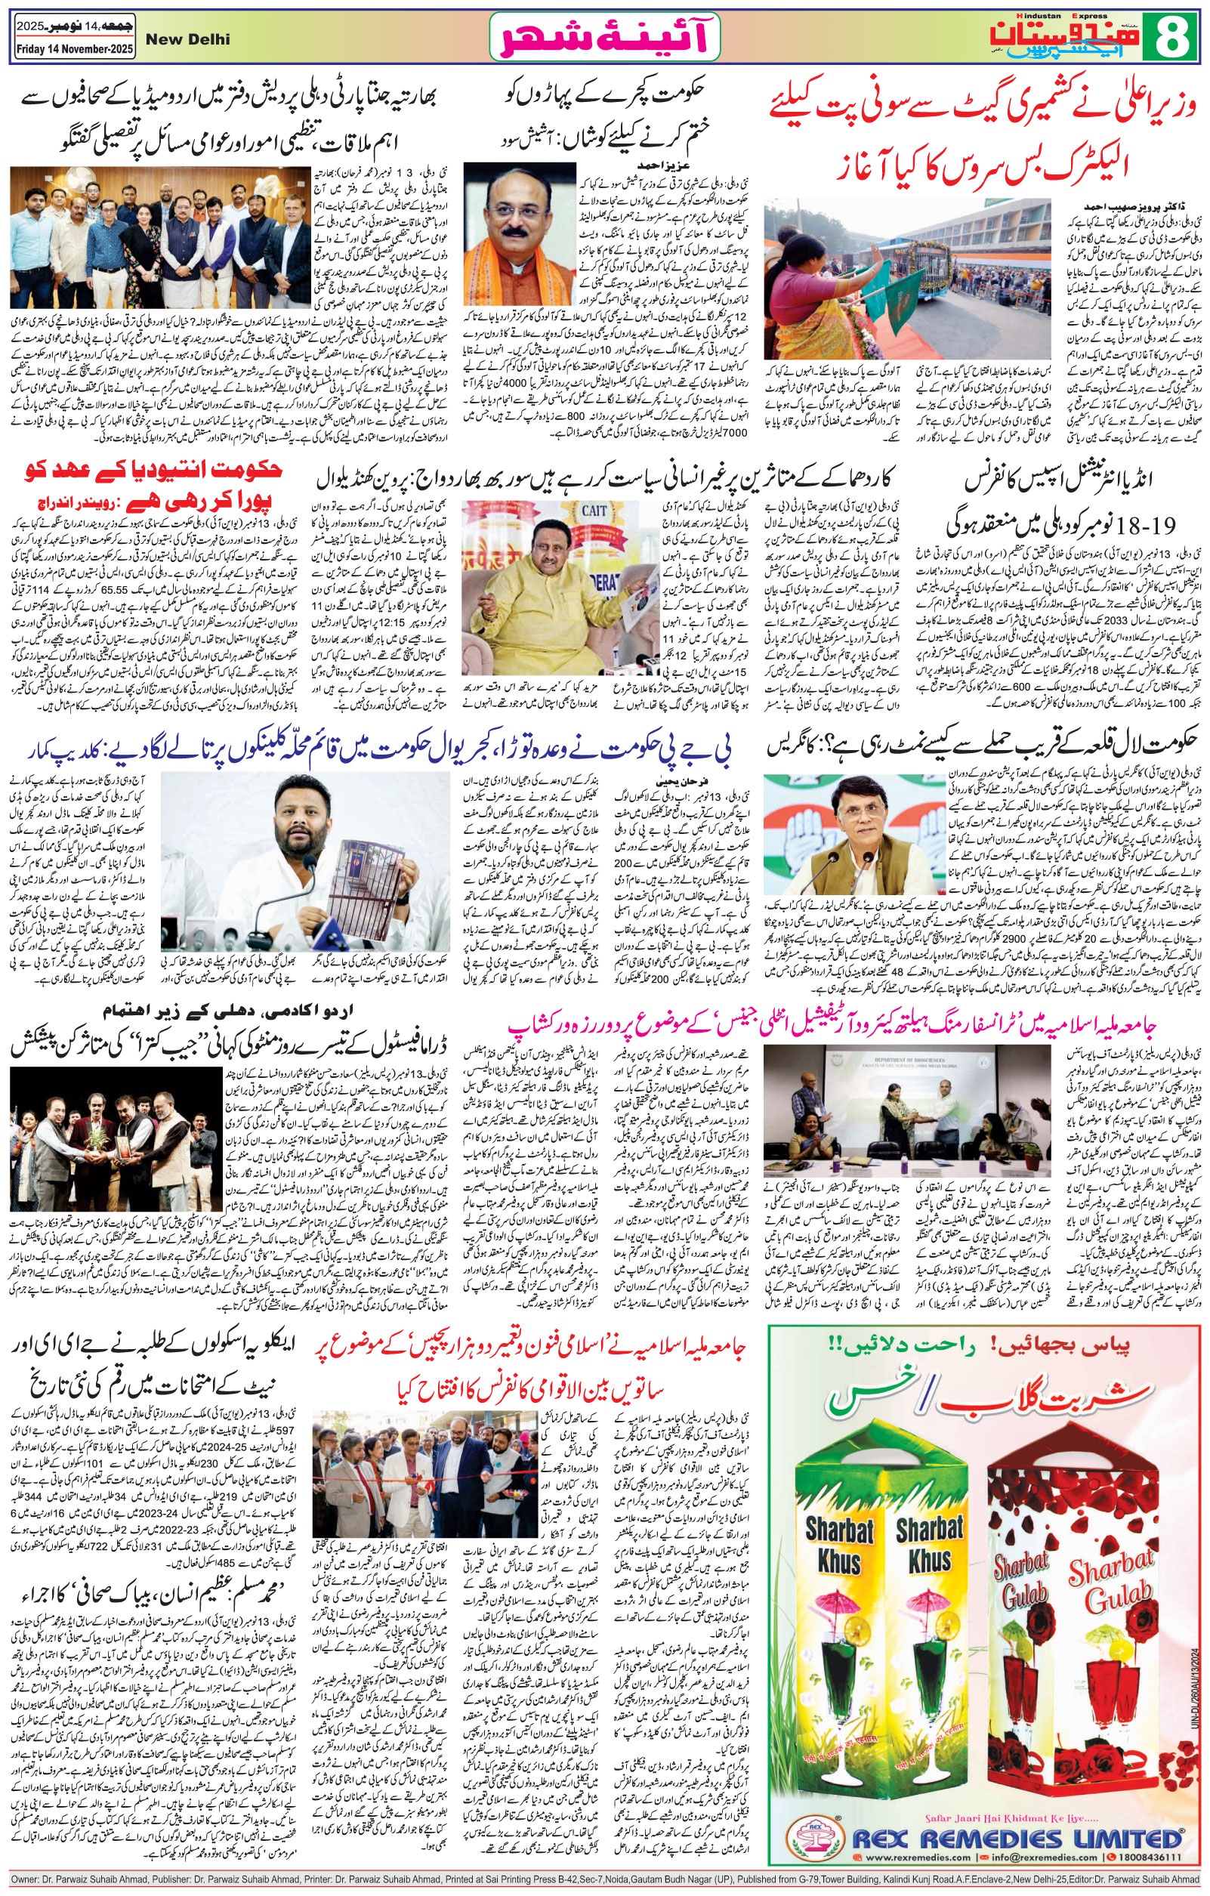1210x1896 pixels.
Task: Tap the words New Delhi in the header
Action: click(x=198, y=40)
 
